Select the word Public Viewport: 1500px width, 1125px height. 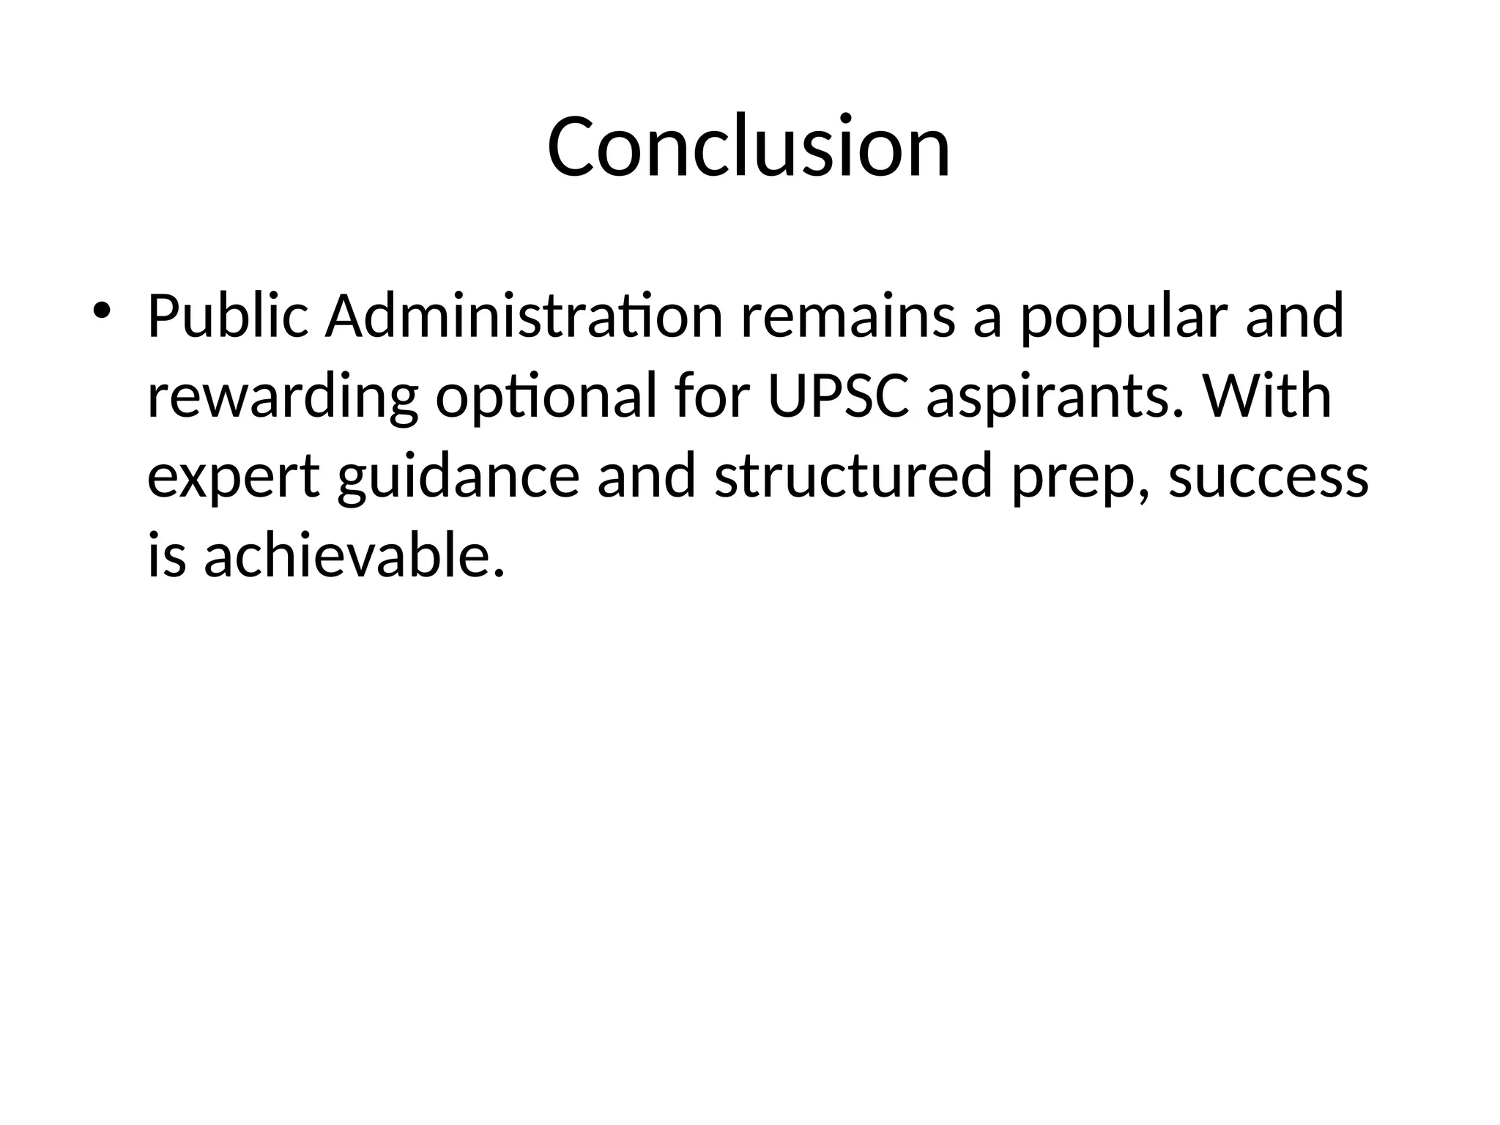coord(228,316)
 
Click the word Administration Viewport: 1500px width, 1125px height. coord(524,316)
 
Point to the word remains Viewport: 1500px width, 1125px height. coord(847,316)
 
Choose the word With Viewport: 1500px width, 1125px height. coord(1266,396)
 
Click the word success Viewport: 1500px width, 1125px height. coord(1268,478)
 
